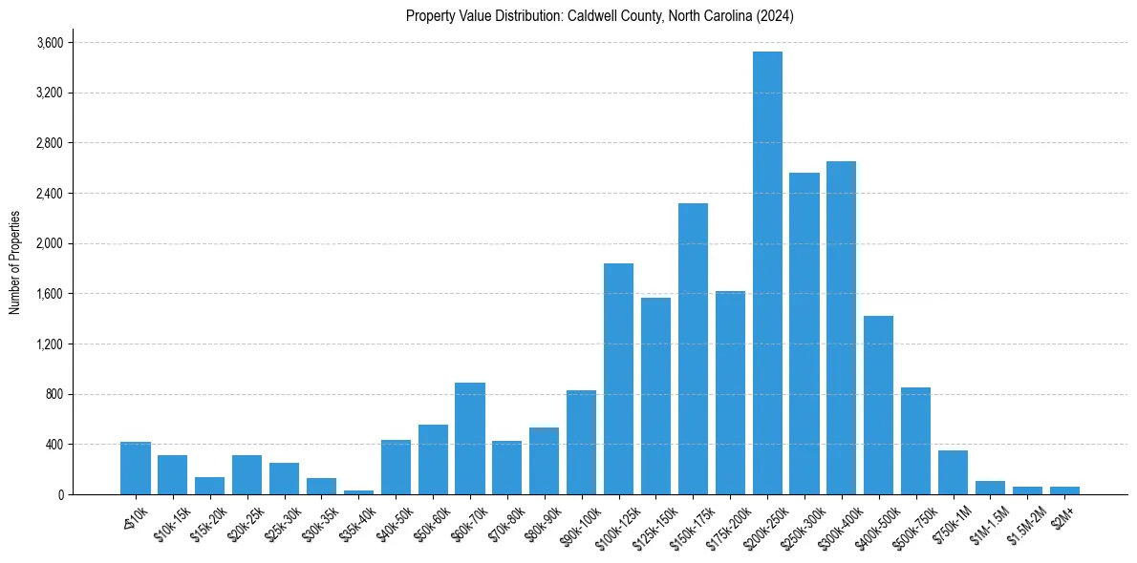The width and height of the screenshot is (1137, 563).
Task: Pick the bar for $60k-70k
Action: [470, 438]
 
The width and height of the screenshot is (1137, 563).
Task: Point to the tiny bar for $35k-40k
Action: [358, 491]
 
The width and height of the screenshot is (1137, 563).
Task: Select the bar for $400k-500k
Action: [878, 405]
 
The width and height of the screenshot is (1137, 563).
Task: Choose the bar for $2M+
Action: [1064, 490]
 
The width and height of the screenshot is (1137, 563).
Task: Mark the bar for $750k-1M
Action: [953, 472]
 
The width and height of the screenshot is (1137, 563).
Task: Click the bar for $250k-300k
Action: [804, 333]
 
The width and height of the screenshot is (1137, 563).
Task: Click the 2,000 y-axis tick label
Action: [50, 243]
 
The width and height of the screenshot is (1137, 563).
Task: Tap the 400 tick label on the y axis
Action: [54, 445]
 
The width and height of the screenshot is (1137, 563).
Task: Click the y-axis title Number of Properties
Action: [14, 262]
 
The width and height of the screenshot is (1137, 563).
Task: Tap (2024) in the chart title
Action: [775, 16]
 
